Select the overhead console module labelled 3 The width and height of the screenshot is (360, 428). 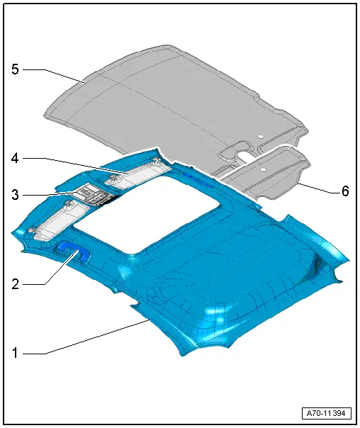pyautogui.click(x=92, y=193)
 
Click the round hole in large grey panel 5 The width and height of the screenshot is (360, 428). pyautogui.click(x=260, y=135)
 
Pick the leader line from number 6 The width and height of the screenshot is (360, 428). pyautogui.click(x=315, y=187)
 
